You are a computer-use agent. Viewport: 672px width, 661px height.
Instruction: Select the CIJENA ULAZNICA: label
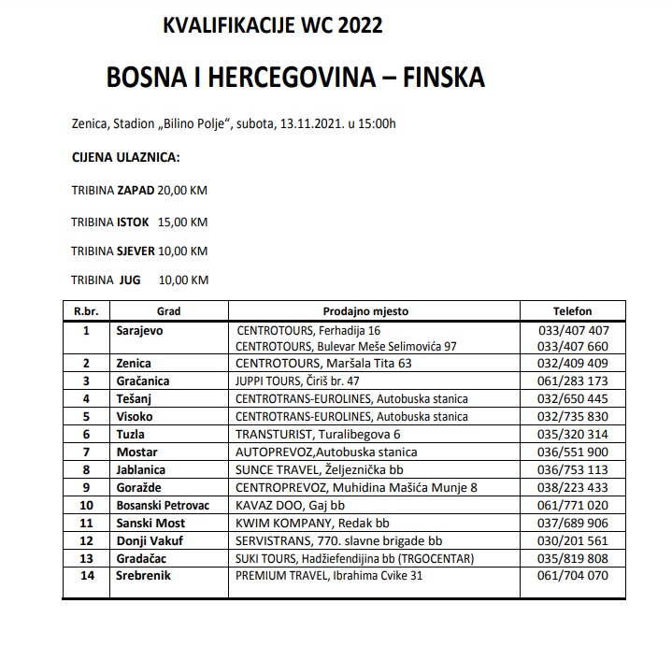point(126,156)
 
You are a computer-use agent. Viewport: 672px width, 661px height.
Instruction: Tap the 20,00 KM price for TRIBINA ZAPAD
point(182,191)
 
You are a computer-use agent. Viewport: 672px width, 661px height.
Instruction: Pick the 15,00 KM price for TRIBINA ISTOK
point(182,222)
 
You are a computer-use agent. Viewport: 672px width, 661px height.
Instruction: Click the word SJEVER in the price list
point(136,251)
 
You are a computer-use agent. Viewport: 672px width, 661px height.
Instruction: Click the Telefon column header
point(572,311)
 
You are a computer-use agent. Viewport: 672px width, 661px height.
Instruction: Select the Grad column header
point(168,311)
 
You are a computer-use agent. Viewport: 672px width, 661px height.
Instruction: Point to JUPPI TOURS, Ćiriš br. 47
point(298,381)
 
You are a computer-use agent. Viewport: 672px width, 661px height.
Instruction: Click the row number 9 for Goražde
point(86,487)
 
